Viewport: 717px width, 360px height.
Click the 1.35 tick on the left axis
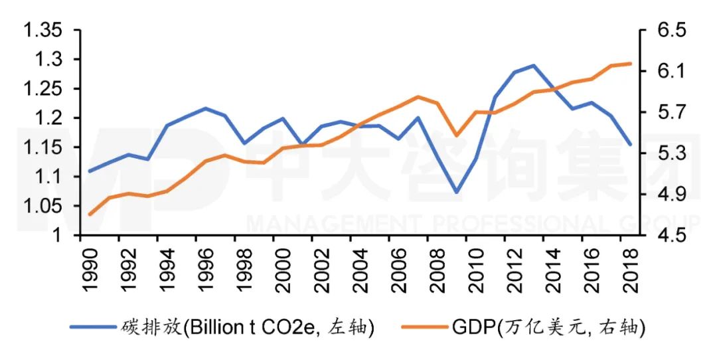(43, 31)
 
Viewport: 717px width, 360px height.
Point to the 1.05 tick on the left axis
(43, 206)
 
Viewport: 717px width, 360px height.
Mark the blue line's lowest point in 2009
(456, 193)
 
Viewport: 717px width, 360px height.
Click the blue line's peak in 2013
(533, 66)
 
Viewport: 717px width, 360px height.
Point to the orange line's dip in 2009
(456, 135)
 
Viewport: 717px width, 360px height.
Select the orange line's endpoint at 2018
(629, 64)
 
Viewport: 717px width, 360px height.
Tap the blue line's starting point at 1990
(90, 171)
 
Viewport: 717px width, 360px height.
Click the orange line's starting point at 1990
(90, 214)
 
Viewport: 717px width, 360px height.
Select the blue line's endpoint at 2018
(629, 144)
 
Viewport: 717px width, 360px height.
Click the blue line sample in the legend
(92, 327)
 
